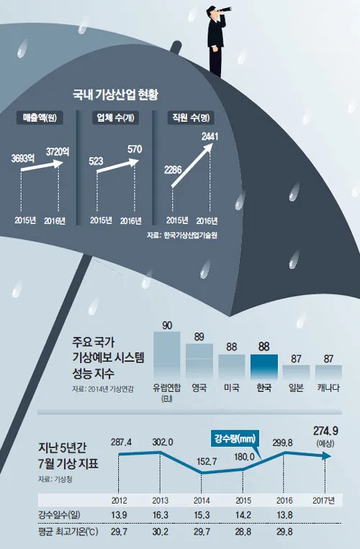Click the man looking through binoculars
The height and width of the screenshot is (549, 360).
pyautogui.click(x=218, y=37)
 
